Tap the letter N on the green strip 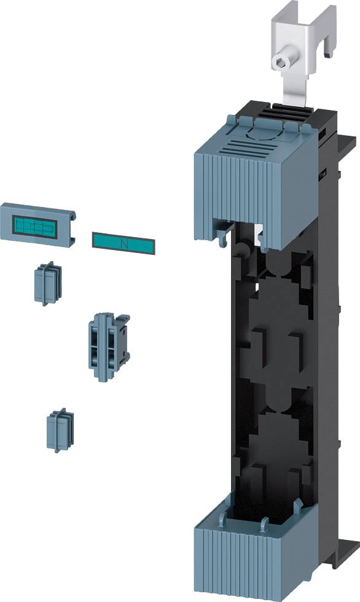(125, 244)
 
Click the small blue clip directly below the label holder (46, 284)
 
